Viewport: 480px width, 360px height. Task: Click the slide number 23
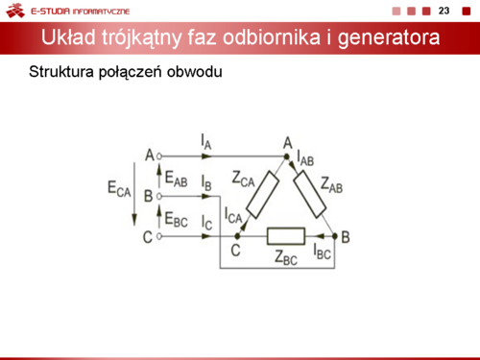[444, 11]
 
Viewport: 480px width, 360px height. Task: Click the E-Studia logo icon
[15, 11]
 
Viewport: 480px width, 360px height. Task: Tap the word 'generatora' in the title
[389, 37]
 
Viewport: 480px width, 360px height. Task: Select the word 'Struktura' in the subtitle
[61, 72]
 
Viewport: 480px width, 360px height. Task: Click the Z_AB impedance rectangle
[310, 194]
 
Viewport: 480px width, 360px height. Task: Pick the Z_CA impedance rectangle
[262, 195]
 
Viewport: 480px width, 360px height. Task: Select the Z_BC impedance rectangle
[286, 236]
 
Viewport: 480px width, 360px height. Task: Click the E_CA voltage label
[119, 189]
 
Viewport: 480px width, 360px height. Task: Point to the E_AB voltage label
[176, 179]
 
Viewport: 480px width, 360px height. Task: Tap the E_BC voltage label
[176, 219]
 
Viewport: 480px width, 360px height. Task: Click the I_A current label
[206, 142]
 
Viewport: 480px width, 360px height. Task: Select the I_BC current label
[322, 252]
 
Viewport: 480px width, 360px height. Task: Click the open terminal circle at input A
[159, 156]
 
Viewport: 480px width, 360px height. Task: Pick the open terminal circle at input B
[159, 196]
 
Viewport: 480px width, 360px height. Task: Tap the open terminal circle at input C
[159, 236]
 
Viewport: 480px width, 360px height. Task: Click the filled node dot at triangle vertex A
[287, 156]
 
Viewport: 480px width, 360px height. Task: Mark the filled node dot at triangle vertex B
[335, 236]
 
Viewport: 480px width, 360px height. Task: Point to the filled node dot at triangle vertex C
[237, 236]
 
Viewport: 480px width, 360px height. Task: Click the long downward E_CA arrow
[134, 194]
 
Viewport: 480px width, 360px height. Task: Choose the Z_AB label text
[332, 185]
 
